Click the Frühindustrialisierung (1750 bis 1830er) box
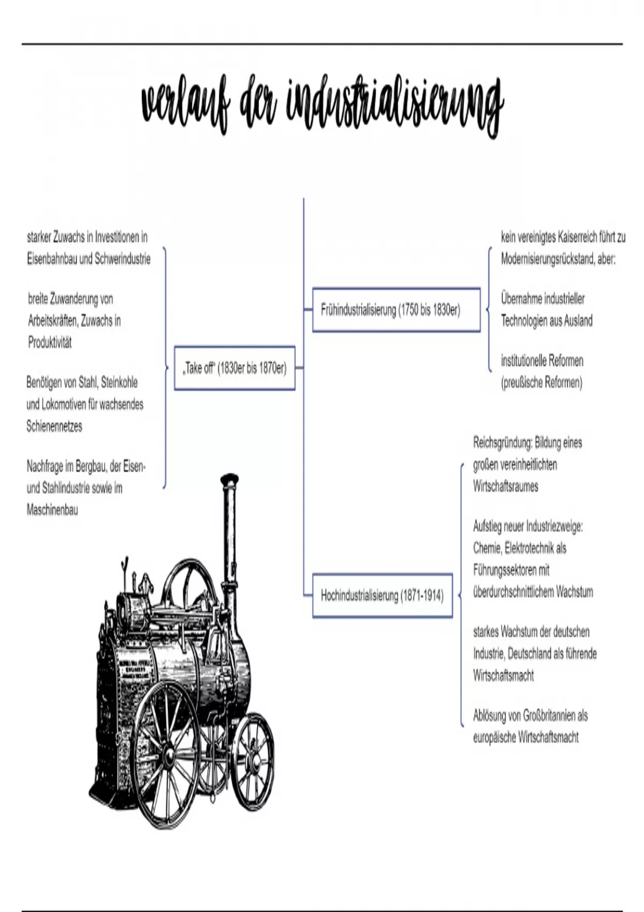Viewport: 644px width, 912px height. click(x=396, y=310)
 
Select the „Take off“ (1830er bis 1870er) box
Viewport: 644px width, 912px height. click(x=235, y=368)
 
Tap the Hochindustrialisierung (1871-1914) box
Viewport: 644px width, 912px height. click(x=382, y=595)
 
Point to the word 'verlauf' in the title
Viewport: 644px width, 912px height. click(x=187, y=105)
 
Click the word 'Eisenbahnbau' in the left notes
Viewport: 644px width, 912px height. click(x=52, y=259)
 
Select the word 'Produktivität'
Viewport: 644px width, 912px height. click(x=50, y=343)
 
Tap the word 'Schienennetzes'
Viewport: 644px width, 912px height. click(x=54, y=426)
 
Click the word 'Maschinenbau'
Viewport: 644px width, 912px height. click(x=52, y=510)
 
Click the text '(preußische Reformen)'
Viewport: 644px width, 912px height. click(x=541, y=383)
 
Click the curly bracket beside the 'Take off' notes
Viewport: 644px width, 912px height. click(x=165, y=367)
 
